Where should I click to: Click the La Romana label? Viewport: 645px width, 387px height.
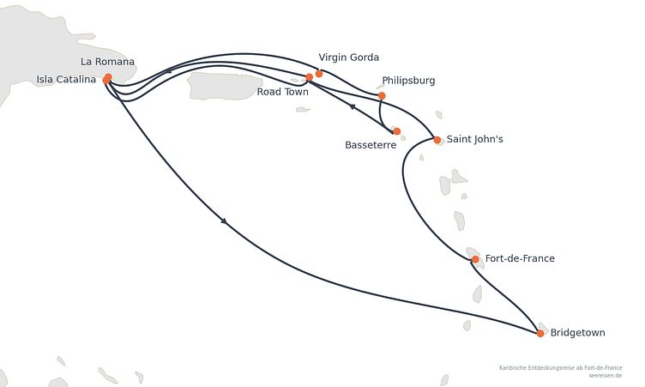pos(107,62)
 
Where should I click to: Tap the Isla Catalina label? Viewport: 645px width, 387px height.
pos(66,80)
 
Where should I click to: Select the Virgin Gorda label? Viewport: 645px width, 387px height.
pos(349,57)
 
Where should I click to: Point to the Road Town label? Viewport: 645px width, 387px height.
pos(282,92)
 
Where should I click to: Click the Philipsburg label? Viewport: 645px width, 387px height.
pos(408,81)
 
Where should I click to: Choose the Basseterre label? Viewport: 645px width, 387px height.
pos(371,145)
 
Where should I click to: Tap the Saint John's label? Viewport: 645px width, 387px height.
pos(474,139)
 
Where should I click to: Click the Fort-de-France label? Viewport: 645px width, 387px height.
pos(520,258)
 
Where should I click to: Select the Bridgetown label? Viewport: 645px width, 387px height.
pos(577,333)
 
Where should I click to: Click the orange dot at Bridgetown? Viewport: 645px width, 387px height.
pos(540,333)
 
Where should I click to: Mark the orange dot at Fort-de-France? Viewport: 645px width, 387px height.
pos(475,259)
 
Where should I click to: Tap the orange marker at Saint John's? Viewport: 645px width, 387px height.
pos(437,140)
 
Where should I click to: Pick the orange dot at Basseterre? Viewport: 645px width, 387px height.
pos(396,131)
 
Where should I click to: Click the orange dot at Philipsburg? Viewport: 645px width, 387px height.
pos(382,96)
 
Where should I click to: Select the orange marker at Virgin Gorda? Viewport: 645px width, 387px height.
pos(319,74)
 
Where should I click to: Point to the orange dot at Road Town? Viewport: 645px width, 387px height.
pos(310,77)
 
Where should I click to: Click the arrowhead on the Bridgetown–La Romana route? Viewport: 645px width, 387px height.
pos(224,221)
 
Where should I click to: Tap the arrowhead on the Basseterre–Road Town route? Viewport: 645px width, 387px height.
pos(353,106)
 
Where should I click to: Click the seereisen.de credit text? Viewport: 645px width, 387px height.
pos(605,376)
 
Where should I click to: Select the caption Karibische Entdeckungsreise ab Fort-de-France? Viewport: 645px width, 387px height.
pos(561,367)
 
